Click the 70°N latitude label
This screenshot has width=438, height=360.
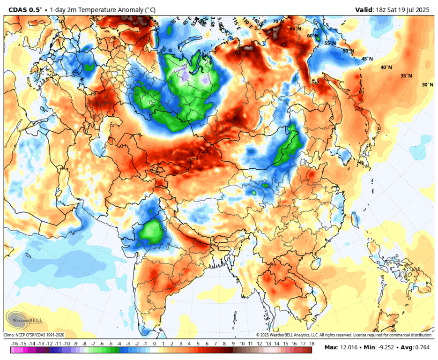coord(278,22)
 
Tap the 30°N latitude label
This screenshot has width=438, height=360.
coord(427,85)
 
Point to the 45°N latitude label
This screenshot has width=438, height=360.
coord(367,59)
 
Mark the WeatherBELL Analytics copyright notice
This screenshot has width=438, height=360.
coord(344,335)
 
